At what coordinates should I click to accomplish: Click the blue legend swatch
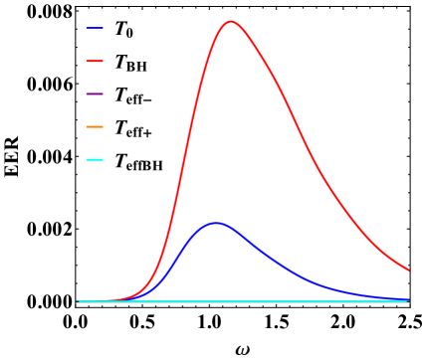(x=95, y=29)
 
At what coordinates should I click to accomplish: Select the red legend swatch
(x=95, y=62)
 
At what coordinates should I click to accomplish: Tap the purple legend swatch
(x=95, y=94)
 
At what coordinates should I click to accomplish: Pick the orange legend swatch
(x=95, y=127)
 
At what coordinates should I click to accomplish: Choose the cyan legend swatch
(x=95, y=160)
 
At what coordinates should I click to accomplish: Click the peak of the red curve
(x=231, y=21)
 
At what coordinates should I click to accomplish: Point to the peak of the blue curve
(x=215, y=224)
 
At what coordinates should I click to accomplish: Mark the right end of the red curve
(x=408, y=270)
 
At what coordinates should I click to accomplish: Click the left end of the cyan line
(x=78, y=300)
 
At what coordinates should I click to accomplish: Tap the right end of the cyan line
(x=408, y=300)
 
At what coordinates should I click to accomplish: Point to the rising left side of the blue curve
(x=179, y=258)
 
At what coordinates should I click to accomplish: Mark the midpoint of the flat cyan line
(x=243, y=300)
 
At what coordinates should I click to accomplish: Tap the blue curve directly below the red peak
(x=231, y=229)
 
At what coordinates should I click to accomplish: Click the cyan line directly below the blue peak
(x=215, y=300)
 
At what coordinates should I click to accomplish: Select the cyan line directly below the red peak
(x=231, y=300)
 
